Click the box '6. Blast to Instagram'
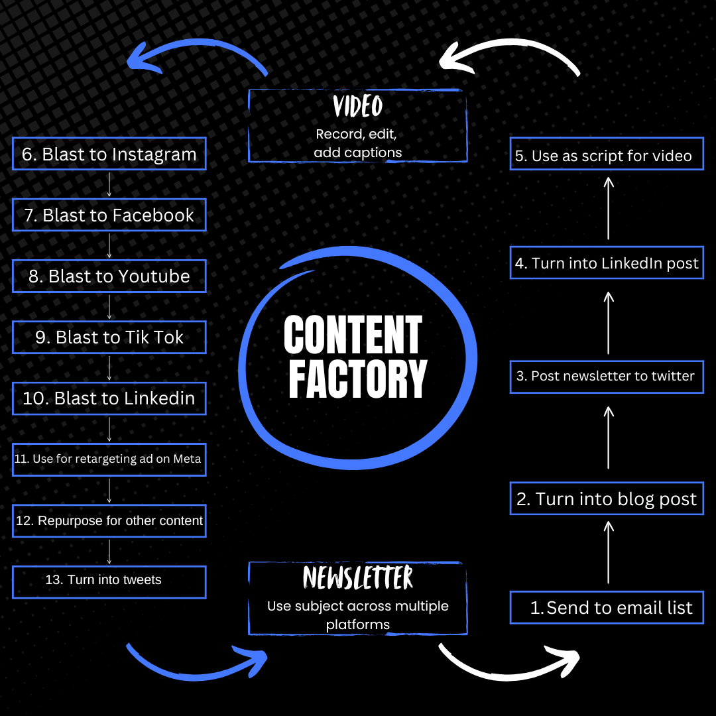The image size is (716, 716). click(109, 154)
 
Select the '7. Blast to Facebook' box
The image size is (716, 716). click(109, 215)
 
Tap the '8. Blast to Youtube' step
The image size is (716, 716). click(109, 276)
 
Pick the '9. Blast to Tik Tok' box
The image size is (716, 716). click(109, 337)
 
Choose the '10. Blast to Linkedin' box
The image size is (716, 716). click(109, 398)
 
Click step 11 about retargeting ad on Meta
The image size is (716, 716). click(109, 459)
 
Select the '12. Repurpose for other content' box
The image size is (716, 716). click(109, 520)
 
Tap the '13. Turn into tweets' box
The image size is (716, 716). click(109, 580)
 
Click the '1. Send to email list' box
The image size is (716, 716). click(607, 607)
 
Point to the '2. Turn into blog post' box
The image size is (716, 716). click(607, 499)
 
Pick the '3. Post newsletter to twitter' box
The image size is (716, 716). click(607, 376)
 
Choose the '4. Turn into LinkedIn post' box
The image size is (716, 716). click(607, 263)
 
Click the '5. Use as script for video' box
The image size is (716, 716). click(607, 156)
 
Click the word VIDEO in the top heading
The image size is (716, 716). click(358, 106)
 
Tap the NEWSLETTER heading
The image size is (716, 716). click(358, 578)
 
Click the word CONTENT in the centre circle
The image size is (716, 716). click(353, 335)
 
